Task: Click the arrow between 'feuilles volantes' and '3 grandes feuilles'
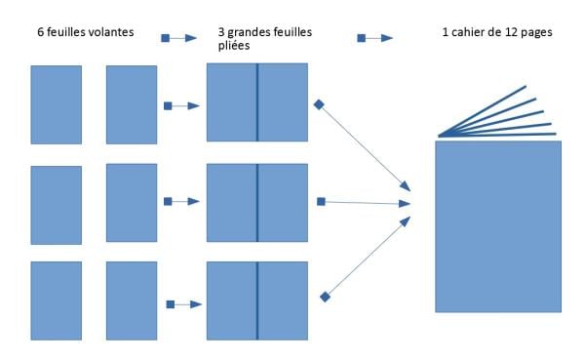(179, 37)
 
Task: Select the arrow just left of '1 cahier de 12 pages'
(374, 37)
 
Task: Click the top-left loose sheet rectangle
(57, 104)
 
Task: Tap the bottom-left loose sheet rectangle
(57, 300)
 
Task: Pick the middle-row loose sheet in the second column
(131, 202)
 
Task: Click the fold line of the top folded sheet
(256, 102)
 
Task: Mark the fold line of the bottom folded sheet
(256, 300)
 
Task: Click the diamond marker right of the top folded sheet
(318, 103)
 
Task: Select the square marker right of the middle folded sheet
(321, 202)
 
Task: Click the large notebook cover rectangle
(498, 226)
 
